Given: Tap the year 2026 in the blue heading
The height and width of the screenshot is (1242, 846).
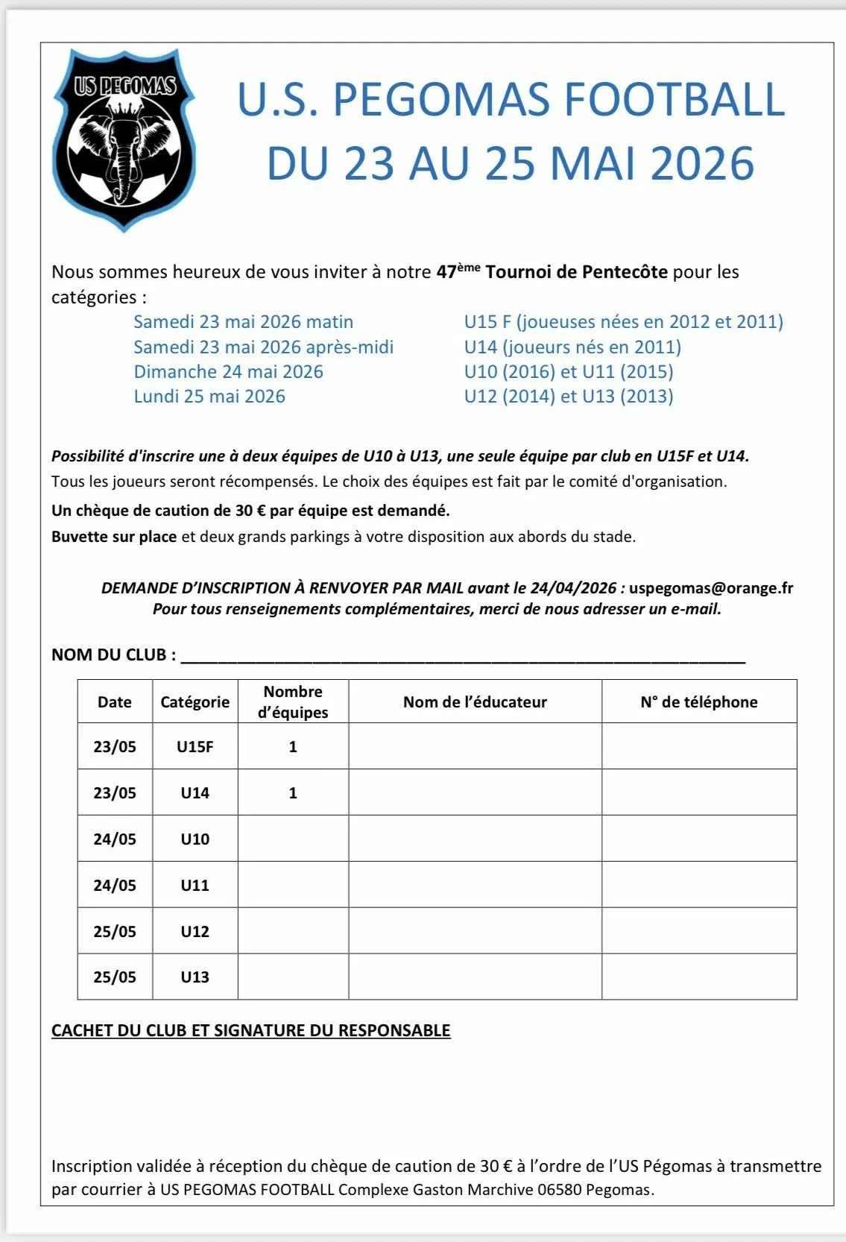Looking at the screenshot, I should tap(702, 164).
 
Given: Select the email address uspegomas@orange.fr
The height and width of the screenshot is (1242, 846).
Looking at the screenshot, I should tap(710, 587).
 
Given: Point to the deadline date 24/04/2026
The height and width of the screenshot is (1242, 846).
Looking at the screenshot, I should tap(573, 587).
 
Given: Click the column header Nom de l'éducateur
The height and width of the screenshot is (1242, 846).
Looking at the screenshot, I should tap(475, 702).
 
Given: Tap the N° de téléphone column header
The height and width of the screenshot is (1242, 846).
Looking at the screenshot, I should tap(698, 702).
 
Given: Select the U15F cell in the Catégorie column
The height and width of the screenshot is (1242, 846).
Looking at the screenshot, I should tap(195, 746).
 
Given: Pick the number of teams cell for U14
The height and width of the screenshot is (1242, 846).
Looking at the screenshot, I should tap(293, 792).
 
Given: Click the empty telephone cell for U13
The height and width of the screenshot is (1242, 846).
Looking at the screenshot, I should tap(698, 977).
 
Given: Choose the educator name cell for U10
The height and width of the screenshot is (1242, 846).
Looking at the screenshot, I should tap(475, 839).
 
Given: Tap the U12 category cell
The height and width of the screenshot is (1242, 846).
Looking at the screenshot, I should tap(195, 931).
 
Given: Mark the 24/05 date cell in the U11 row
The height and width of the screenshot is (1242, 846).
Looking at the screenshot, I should tap(115, 885).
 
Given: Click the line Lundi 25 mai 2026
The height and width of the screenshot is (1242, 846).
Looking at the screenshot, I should tap(209, 396).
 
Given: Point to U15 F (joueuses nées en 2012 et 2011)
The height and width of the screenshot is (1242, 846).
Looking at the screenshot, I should tap(623, 322).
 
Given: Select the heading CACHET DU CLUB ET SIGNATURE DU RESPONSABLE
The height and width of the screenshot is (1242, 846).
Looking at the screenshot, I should tap(250, 1030).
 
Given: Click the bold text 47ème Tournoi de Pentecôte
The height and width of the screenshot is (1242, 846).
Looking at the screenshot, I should tap(552, 271).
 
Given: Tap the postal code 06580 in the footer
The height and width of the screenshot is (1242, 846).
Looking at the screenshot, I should tap(559, 1189).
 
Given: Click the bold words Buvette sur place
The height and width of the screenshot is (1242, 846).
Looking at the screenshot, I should tap(114, 536).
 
